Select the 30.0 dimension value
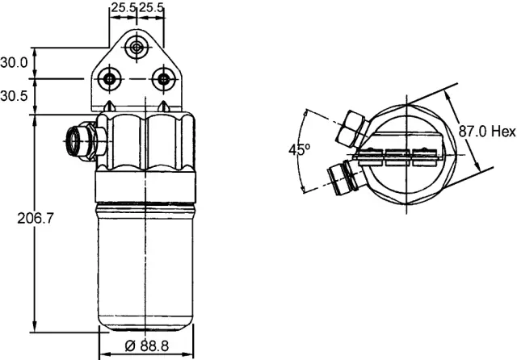coord(15,62)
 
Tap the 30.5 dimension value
coord(15,95)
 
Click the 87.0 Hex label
coord(486,131)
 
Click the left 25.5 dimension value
coord(122,8)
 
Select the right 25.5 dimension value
coord(152,8)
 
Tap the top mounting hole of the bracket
coord(137,48)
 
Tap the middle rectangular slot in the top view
coord(397,156)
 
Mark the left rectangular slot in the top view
coord(371,156)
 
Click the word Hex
coord(503,131)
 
